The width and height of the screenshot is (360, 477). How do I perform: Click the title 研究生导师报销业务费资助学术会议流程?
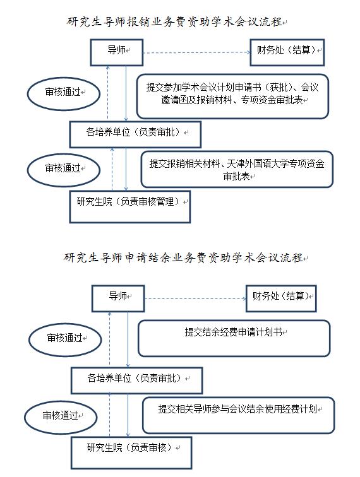click(x=174, y=22)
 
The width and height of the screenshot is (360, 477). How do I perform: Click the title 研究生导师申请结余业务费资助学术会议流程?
click(x=183, y=257)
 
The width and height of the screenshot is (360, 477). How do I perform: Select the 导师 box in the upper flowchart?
click(x=117, y=52)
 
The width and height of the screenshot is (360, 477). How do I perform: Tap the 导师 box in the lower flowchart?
click(x=118, y=298)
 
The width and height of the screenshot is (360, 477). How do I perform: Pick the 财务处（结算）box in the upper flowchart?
click(x=287, y=52)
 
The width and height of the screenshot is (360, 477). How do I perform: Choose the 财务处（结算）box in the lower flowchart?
click(x=281, y=298)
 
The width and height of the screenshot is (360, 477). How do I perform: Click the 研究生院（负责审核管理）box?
click(x=130, y=207)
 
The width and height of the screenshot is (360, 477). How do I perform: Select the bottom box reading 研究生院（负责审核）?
click(x=131, y=453)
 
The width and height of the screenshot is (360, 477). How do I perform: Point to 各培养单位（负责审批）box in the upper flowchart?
click(x=136, y=134)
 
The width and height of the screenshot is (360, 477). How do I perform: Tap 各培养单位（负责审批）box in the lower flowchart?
click(x=137, y=380)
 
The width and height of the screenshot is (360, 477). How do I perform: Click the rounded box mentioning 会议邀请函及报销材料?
click(x=232, y=96)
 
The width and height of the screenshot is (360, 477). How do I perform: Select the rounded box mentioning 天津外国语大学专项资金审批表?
click(x=237, y=169)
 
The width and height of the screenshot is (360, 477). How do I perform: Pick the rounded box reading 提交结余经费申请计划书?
click(x=234, y=338)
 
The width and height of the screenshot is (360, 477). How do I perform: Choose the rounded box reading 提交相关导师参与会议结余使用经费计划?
click(x=239, y=415)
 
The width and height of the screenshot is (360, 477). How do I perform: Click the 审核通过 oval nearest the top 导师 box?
click(x=64, y=93)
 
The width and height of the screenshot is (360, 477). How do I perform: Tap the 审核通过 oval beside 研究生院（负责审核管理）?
click(x=64, y=170)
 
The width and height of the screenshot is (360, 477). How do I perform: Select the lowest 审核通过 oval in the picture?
click(x=61, y=418)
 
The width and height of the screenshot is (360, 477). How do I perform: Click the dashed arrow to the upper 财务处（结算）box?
click(x=197, y=52)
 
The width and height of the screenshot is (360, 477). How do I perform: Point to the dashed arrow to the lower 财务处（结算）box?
click(x=196, y=298)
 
